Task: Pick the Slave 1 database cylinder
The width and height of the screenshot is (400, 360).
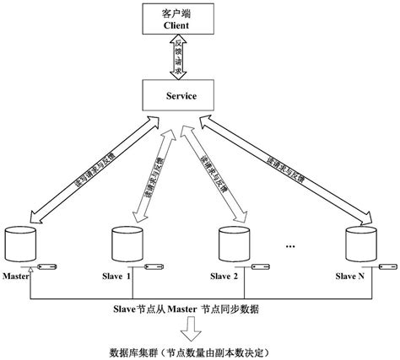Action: [x=123, y=244]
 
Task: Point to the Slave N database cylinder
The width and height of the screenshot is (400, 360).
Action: [x=357, y=244]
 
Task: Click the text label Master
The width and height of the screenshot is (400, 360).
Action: [x=16, y=276]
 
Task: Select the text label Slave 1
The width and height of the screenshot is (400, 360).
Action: [x=117, y=276]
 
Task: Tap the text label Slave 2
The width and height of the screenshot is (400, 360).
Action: [x=224, y=276]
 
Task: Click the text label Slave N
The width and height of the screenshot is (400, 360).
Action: [x=350, y=276]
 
